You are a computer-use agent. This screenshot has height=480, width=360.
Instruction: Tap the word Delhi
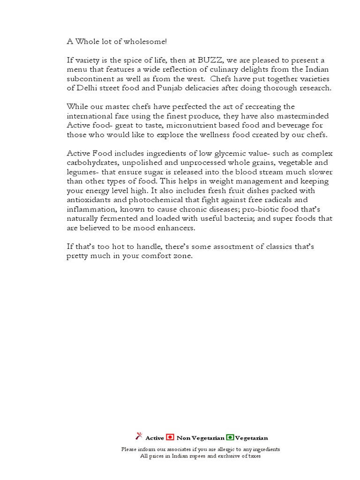point(85,88)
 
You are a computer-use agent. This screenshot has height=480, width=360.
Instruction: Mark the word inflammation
point(90,210)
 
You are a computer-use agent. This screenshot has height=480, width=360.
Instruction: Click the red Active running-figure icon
point(138,437)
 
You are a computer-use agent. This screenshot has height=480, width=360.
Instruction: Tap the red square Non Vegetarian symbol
point(170,437)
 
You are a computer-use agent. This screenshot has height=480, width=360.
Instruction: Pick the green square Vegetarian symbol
point(230,437)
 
